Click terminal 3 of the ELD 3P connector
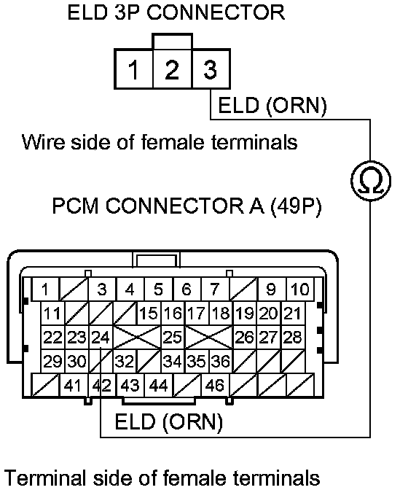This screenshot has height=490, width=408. tap(211, 69)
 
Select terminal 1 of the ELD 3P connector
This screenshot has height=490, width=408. tap(133, 69)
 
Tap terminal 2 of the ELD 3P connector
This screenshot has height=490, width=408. tap(173, 69)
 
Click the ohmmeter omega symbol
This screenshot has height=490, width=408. tap(371, 181)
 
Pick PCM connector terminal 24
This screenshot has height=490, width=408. tap(101, 337)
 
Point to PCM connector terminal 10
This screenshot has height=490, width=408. tap(300, 289)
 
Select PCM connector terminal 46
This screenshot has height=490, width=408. tap(215, 385)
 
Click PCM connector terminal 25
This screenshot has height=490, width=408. tap(173, 337)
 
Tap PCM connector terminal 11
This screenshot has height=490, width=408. tap(52, 313)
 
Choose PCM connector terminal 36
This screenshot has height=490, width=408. tap(221, 361)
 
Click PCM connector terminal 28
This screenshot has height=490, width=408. tap(293, 337)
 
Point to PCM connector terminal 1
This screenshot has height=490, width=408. tap(46, 289)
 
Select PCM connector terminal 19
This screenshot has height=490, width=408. tap(245, 313)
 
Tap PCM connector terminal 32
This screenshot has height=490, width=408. tap(125, 361)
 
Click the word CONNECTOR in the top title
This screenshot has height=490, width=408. tap(216, 13)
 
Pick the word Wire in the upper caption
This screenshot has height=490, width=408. tap(44, 142)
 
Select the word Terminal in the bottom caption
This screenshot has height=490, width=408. tap(46, 478)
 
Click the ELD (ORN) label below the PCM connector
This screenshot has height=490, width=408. tap(169, 421)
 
